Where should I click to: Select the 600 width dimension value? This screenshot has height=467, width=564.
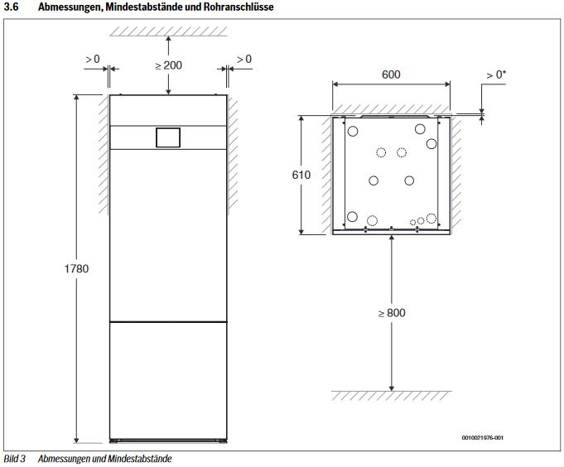pos(391,75)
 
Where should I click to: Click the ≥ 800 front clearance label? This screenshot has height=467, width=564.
pos(392,313)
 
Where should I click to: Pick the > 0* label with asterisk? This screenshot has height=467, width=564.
pos(496,75)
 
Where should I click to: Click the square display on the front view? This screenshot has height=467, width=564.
pos(168,137)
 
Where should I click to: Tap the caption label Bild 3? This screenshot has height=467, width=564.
pos(14,459)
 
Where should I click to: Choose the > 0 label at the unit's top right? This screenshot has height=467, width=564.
pos(243,59)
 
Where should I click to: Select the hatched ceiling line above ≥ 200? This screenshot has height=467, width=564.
pos(168,31)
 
